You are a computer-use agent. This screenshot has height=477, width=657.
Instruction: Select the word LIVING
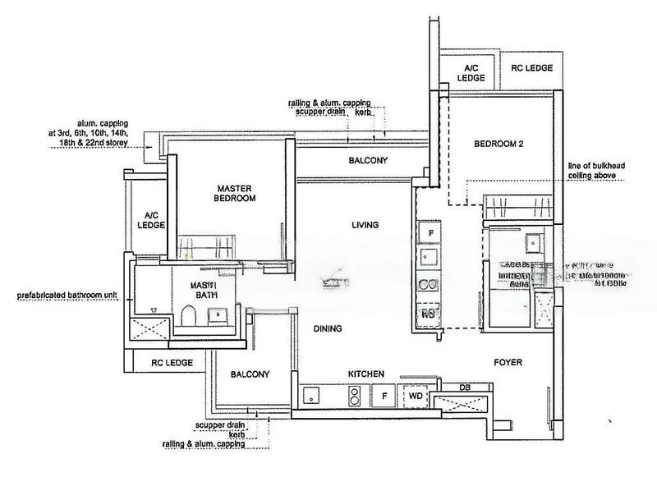pyautogui.click(x=364, y=224)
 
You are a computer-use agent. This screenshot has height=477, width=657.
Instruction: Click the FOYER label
pyautogui.click(x=508, y=362)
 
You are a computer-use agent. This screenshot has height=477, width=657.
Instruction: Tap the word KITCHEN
pyautogui.click(x=366, y=374)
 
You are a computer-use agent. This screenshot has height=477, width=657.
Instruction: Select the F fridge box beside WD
pyautogui.click(x=384, y=396)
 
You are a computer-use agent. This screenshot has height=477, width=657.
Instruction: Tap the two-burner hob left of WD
pyautogui.click(x=355, y=396)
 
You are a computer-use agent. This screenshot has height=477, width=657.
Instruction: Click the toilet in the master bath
pyautogui.click(x=187, y=315)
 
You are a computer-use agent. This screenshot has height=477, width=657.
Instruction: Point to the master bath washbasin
pyautogui.click(x=218, y=313)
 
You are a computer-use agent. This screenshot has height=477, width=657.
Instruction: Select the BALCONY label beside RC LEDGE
pyautogui.click(x=250, y=374)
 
